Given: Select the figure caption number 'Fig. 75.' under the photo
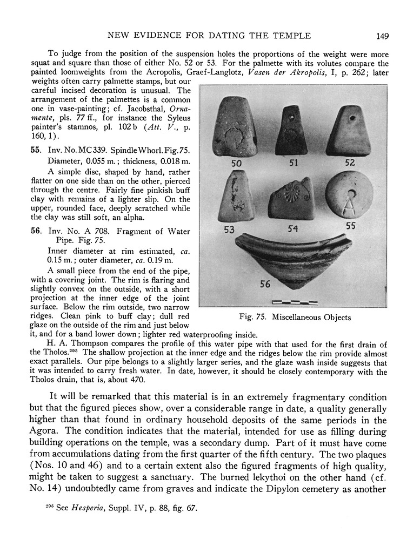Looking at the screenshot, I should pos(254,318).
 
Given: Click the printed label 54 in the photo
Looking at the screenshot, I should pos(294,228).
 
